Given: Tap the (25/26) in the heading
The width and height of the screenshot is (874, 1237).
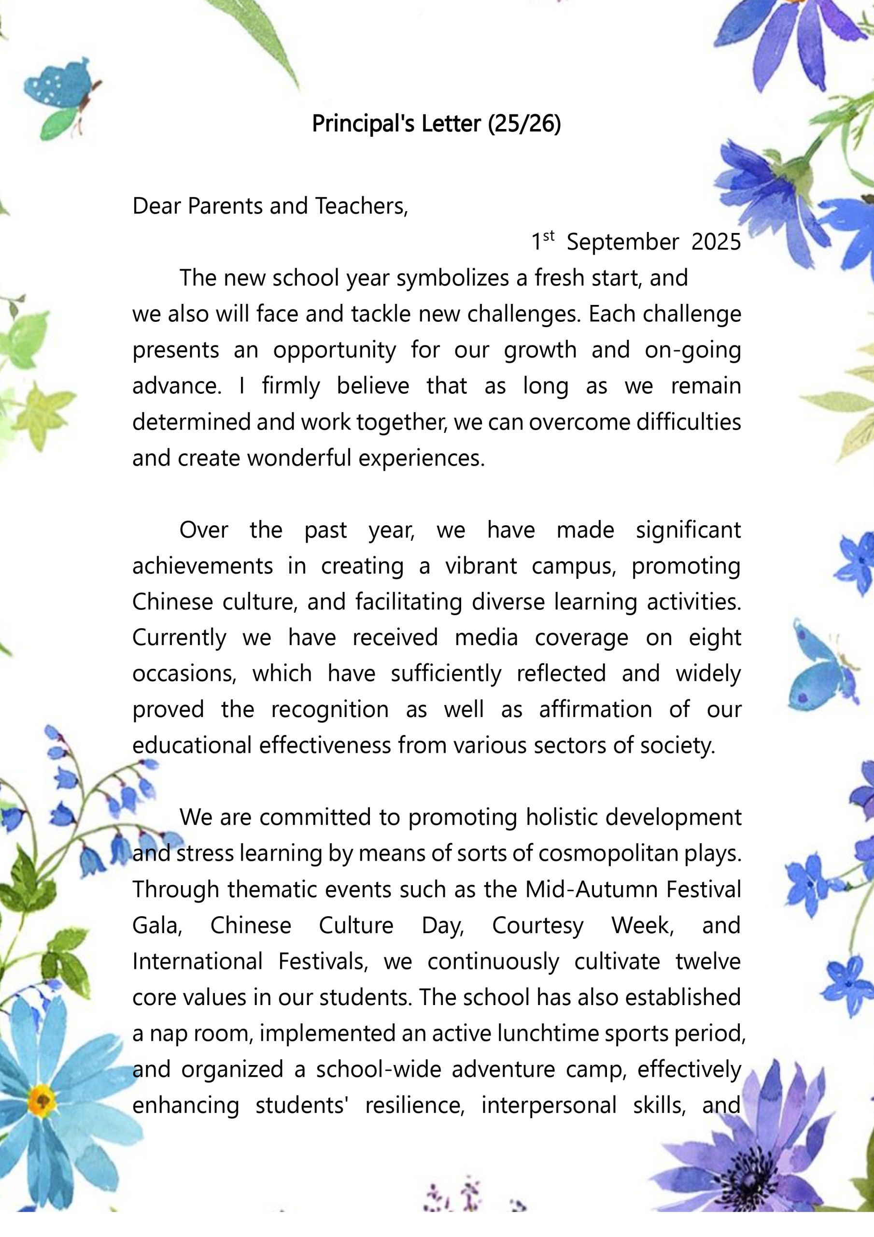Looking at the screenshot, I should point(524,124).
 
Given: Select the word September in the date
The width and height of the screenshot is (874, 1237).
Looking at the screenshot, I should point(622,242).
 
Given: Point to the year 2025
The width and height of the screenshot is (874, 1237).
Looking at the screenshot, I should point(716,242).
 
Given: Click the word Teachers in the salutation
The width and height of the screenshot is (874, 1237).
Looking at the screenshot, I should point(361,206).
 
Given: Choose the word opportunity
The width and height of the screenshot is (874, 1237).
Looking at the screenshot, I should point(335,350).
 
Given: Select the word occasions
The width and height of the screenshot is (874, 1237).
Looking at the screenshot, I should point(184,674).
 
